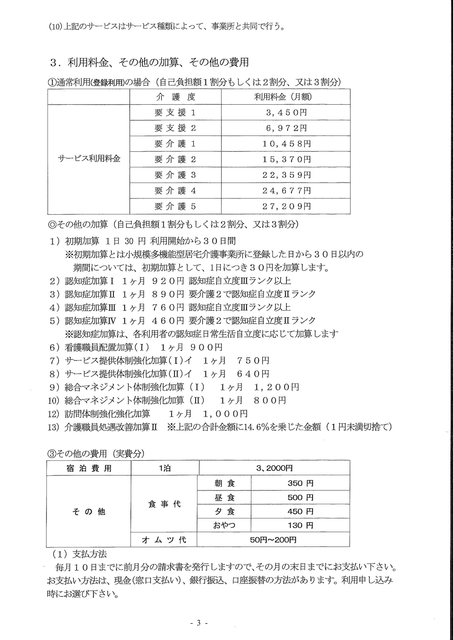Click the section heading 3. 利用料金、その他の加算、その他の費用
pos(149,63)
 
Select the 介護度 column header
pos(176,97)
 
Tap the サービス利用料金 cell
pos(89,159)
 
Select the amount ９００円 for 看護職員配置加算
pos(206,347)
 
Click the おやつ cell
pos(224,526)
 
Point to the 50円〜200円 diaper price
pos(273,540)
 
